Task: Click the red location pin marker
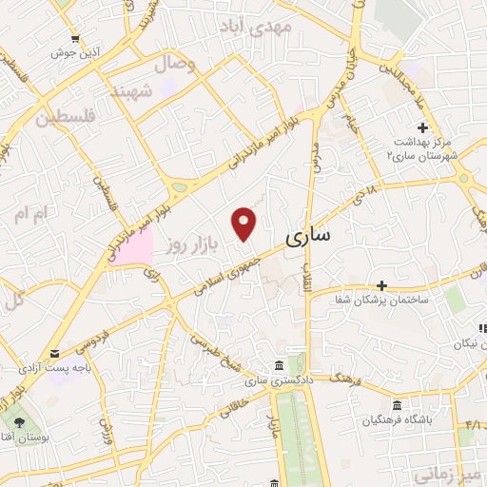pos(244,223)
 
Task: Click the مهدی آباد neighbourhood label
pos(272,27)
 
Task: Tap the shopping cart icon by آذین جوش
pos(75,39)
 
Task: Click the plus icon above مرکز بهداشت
pos(422,127)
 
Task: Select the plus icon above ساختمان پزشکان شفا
pos(381,284)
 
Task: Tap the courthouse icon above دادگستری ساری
pos(277,366)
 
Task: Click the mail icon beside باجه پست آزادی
pos(53,354)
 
